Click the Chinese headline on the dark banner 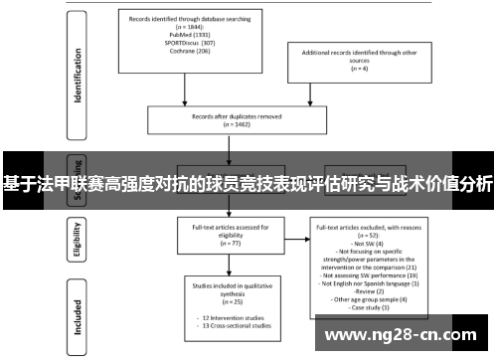pos(248,183)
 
